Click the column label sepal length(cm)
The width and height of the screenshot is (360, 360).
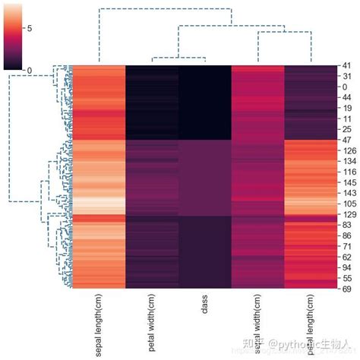(99, 326)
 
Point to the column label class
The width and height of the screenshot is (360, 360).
(205, 307)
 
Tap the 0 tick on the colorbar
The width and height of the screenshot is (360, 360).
(29, 70)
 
